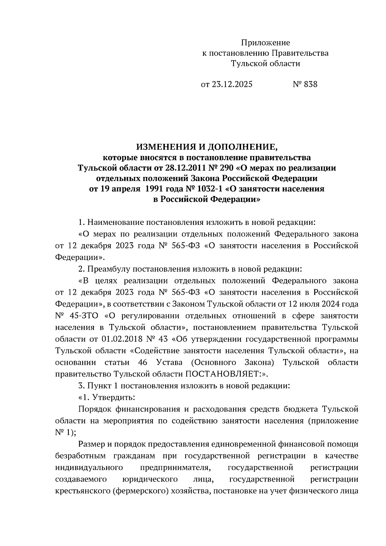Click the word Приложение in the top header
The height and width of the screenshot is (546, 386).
(265, 43)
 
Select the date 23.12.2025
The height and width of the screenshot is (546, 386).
(232, 84)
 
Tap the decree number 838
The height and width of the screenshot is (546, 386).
(310, 84)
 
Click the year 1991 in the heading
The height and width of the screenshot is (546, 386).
(156, 189)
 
